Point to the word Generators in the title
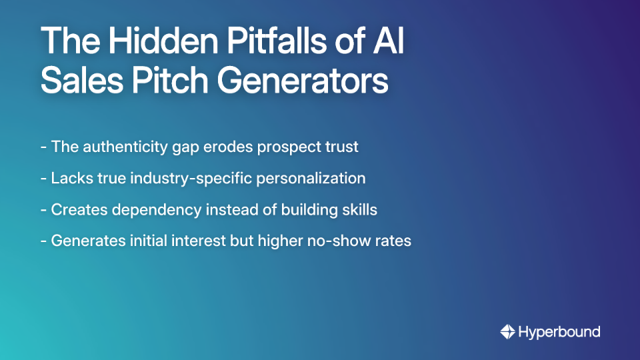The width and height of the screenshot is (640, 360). pyautogui.click(x=306, y=82)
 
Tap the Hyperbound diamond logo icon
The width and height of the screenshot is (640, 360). pyautogui.click(x=507, y=331)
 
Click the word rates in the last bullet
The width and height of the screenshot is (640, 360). pyautogui.click(x=394, y=241)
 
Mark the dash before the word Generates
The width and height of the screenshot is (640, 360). pyautogui.click(x=44, y=241)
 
